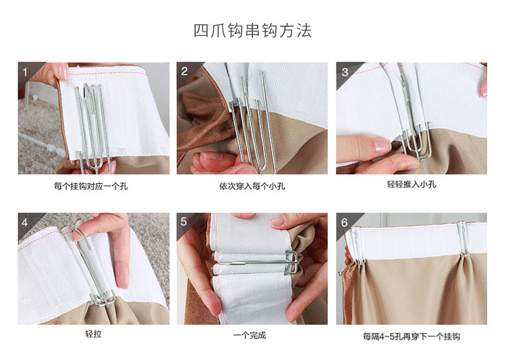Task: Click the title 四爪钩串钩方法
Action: point(252,30)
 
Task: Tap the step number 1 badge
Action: point(25,72)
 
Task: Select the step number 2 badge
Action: point(184,71)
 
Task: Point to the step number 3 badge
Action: point(345,72)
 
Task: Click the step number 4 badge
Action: point(25,222)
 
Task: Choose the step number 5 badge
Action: point(184,222)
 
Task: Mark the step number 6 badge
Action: point(344,222)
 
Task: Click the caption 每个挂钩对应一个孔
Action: point(90,186)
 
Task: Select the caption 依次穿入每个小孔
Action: point(252,186)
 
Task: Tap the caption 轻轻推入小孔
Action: point(412,184)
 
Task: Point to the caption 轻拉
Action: point(93,334)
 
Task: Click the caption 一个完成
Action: point(250,336)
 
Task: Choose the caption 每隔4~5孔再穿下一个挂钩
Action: point(412,336)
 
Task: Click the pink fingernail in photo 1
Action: point(63,72)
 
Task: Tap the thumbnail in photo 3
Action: point(382,144)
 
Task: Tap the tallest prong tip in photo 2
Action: point(262,74)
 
